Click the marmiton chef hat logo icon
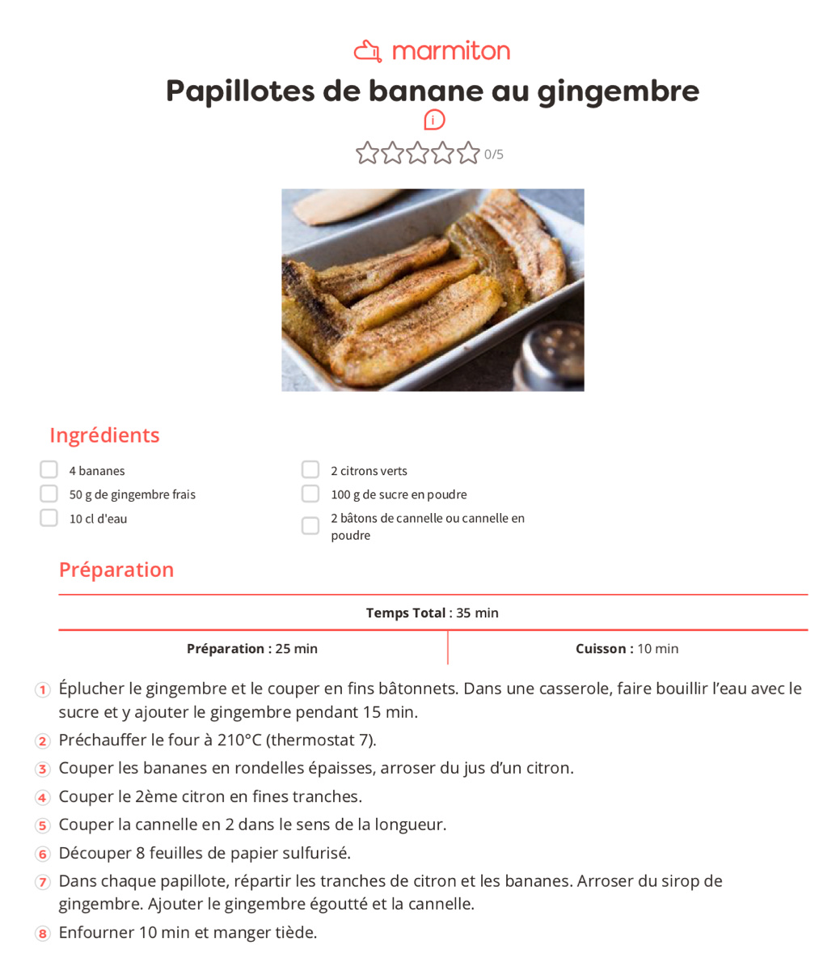pyautogui.click(x=368, y=51)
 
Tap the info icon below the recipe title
pyautogui.click(x=434, y=120)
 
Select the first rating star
pyautogui.click(x=367, y=153)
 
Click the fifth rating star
pyautogui.click(x=468, y=153)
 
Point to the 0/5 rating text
pyautogui.click(x=494, y=155)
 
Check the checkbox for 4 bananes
pyautogui.click(x=49, y=470)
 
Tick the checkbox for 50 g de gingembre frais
pyautogui.click(x=49, y=494)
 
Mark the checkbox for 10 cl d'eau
pyautogui.click(x=49, y=518)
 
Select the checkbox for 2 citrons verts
pyautogui.click(x=310, y=470)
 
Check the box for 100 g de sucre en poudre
pyautogui.click(x=310, y=494)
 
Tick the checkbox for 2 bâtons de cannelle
pyautogui.click(x=310, y=526)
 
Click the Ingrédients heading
pyautogui.click(x=104, y=435)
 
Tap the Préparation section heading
pyautogui.click(x=116, y=570)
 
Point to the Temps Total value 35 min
pyautogui.click(x=477, y=613)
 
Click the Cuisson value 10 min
pyautogui.click(x=658, y=649)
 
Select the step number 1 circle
pyautogui.click(x=43, y=690)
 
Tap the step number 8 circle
pyautogui.click(x=43, y=934)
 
